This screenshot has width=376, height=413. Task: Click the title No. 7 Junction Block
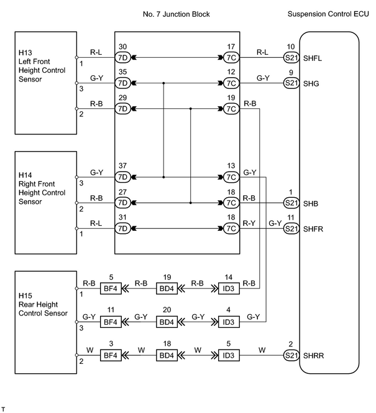pos(176,14)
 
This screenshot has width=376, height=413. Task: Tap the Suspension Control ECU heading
pos(328,14)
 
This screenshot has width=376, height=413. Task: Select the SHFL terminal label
pos(313,58)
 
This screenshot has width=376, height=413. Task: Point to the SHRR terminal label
pos(313,356)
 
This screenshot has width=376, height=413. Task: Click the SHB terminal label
pos(311,203)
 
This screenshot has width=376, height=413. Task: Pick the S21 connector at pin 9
pos(291,83)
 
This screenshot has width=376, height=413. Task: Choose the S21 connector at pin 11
pos(291,228)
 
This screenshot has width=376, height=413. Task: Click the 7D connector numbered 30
pos(123,57)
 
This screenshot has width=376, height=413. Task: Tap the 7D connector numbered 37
pos(123,177)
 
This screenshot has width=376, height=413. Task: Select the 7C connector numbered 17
pos(231,57)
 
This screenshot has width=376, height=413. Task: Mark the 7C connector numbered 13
pos(231,177)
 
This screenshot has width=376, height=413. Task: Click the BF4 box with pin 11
pos(111,322)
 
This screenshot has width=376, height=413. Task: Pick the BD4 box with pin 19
pos(167,289)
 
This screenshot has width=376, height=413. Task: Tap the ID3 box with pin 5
pos(229,355)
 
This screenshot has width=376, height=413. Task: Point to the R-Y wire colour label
pos(249,223)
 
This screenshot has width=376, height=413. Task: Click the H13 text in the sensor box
pos(25,53)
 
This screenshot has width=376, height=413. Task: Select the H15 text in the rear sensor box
pos(25,296)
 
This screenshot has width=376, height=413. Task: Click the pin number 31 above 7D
pos(122,217)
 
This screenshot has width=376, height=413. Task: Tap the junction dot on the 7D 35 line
pos(163,83)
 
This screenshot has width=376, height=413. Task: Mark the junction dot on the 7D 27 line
pos(191,203)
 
